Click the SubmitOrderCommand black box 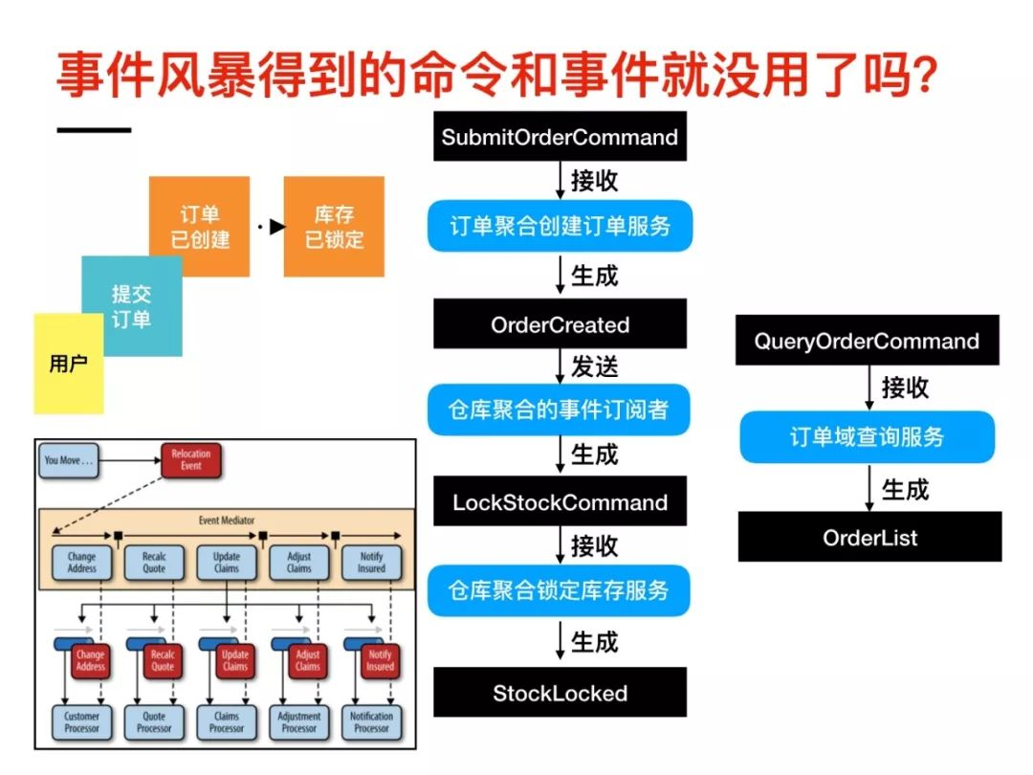pos(560,137)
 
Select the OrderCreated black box pos(560,324)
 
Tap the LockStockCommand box pos(560,502)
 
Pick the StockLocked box pos(560,693)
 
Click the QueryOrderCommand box pos(867,342)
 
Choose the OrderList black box pos(869,537)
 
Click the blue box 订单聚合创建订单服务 pos(560,226)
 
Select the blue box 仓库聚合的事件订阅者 pos(560,410)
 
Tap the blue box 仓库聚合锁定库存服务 pos(560,590)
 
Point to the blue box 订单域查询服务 pos(867,437)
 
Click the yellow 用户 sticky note pos(67,365)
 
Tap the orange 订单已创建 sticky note pos(200,227)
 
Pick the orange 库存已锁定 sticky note pos(334,227)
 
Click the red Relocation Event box pos(191,459)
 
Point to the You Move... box pos(70,460)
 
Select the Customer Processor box pos(81,722)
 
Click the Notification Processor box pos(371,722)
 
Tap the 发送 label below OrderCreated pos(595,366)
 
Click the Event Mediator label pos(226,520)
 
